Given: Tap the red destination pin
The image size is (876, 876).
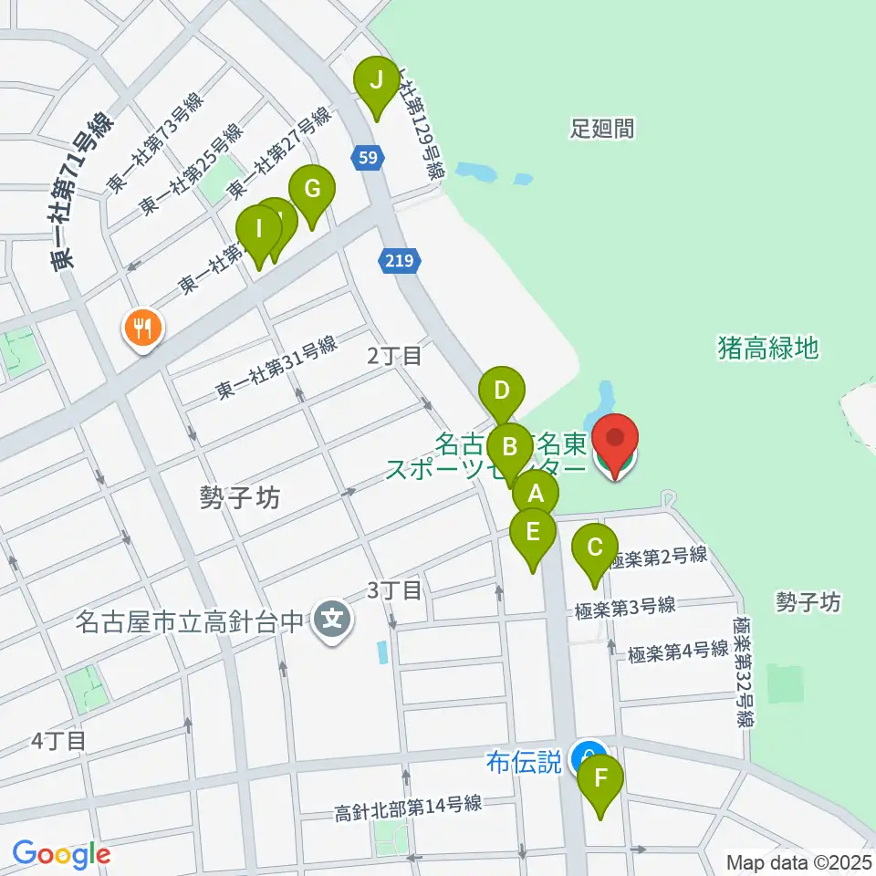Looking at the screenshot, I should click(x=616, y=440).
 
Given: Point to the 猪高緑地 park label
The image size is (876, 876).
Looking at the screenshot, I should click(x=768, y=348).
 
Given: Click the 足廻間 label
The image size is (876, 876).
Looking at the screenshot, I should click(x=602, y=128).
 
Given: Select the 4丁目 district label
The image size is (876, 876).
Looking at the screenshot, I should click(x=58, y=740).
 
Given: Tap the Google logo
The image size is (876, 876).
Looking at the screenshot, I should click(x=61, y=855).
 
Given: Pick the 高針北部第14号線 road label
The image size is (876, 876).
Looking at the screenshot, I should click(x=408, y=807).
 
